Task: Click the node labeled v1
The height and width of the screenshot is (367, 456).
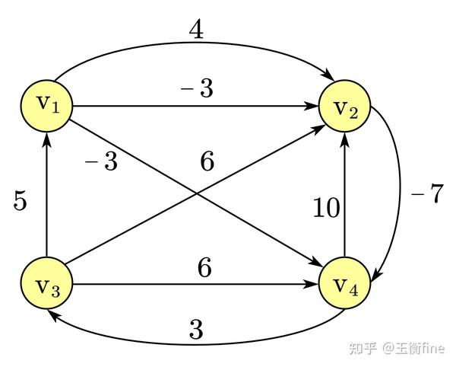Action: tap(47, 105)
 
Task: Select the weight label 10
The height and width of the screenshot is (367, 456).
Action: tap(327, 208)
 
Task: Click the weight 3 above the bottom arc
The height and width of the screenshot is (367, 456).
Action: tap(196, 330)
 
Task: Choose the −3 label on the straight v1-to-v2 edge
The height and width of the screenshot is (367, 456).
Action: tap(196, 90)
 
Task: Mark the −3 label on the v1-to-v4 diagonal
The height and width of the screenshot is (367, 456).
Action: tap(101, 161)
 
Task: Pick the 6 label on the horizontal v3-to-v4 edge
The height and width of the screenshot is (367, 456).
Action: tap(204, 269)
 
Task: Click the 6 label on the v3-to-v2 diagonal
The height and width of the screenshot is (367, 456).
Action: tap(207, 161)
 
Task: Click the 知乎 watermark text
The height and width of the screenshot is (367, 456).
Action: tap(361, 348)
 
